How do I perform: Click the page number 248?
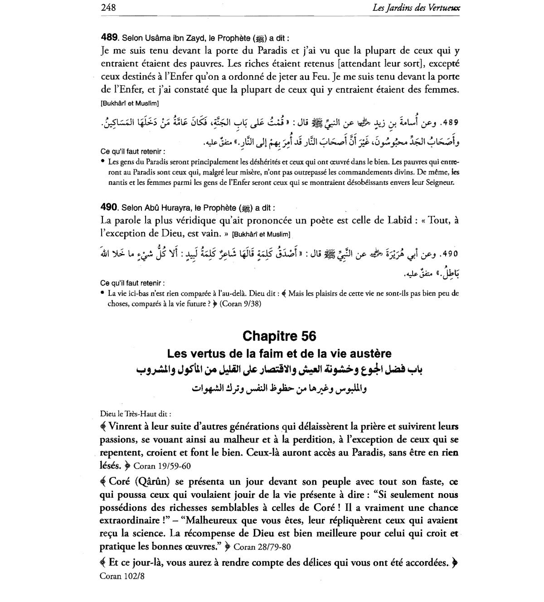click(109, 7)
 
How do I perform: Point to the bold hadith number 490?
click(109, 207)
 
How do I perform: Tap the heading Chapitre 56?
click(279, 336)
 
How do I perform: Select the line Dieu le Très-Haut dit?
click(136, 413)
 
